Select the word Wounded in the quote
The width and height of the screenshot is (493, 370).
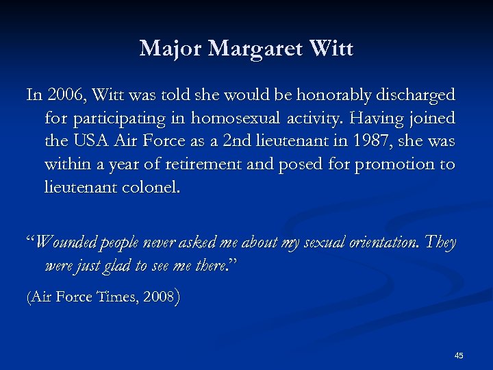[x=67, y=243]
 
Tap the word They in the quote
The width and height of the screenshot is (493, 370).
[x=440, y=243]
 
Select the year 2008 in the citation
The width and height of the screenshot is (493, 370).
[x=160, y=297]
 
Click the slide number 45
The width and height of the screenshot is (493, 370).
[x=459, y=355]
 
